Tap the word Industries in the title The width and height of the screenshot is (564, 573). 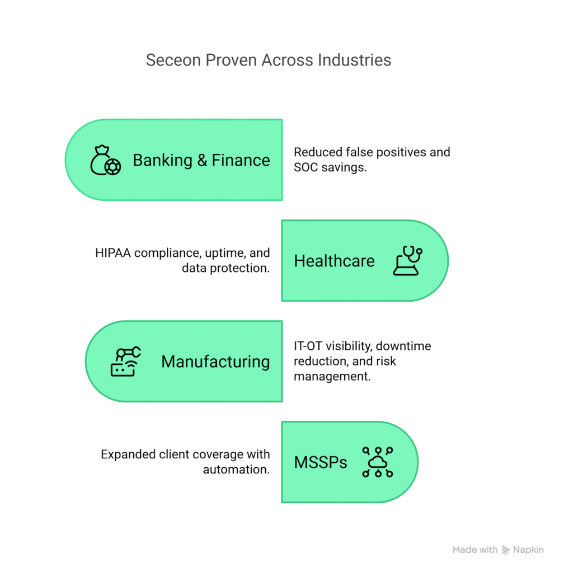pos(355,60)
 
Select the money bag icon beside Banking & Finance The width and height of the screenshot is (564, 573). pos(105,160)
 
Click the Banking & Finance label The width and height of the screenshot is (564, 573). pos(201,160)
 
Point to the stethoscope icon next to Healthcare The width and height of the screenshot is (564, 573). pos(408,261)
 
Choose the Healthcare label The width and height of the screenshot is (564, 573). pos(334,261)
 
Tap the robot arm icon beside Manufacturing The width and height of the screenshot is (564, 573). pos(125,361)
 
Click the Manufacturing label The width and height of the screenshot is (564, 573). pos(215,361)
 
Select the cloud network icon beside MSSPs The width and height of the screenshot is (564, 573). pos(378,462)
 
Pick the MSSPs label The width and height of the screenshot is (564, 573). pos(321,463)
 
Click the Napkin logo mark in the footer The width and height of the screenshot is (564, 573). pos(506,550)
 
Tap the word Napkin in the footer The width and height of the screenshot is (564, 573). pos(529,550)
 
